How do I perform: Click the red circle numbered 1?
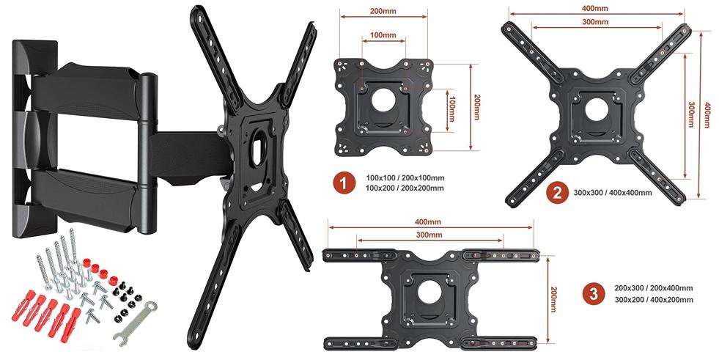tap(344, 183)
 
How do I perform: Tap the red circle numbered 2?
tap(557, 192)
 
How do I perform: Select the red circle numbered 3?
tap(594, 294)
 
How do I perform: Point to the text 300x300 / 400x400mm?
tap(613, 193)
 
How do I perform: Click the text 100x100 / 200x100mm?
tap(405, 178)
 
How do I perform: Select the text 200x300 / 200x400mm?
tap(654, 288)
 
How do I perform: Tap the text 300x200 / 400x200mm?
tap(654, 300)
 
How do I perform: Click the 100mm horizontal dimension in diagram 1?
tap(383, 35)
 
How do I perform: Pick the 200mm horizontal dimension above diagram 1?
tap(383, 11)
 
